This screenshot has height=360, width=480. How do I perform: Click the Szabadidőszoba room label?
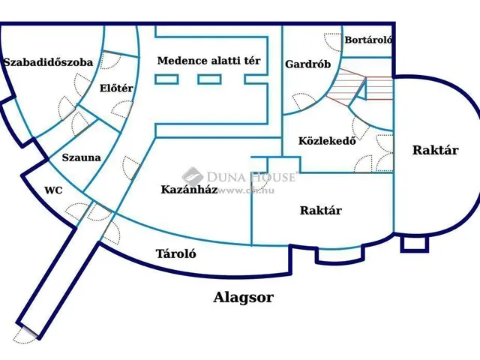[48, 63]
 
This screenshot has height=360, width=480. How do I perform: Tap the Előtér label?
[116, 88]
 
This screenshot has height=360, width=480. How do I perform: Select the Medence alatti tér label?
[209, 60]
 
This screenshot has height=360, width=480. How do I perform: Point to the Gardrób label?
[307, 64]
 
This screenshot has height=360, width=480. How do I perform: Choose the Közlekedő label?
[326, 140]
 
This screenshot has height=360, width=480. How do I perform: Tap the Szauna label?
[80, 158]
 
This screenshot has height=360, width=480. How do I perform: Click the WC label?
[53, 190]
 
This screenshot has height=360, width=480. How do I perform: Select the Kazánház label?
[189, 190]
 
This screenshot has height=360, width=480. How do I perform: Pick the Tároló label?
[175, 253]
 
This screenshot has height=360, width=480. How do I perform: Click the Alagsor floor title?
[244, 297]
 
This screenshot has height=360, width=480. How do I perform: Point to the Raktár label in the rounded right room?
[435, 150]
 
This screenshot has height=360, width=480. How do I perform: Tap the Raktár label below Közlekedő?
[321, 211]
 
